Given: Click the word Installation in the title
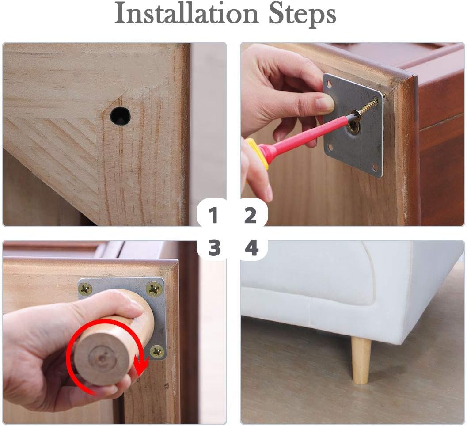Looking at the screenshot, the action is point(186,14).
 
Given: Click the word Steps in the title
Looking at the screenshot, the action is point(302,15).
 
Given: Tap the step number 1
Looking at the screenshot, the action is point(213,215).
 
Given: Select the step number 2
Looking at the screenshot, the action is point(251,215).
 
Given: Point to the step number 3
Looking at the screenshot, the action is point(214,248).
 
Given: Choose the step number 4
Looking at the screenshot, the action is point(252,248).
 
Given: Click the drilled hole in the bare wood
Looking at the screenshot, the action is point(120,116).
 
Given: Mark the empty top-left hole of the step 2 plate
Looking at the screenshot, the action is point(329,84).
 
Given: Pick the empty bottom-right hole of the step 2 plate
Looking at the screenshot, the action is point(375,166).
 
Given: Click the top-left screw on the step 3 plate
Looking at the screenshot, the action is point(86,289).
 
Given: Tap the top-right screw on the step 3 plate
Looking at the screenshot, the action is point(154,289).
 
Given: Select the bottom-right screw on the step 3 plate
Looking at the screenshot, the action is point(157,351).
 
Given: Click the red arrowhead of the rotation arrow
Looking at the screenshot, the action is point(140,365).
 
